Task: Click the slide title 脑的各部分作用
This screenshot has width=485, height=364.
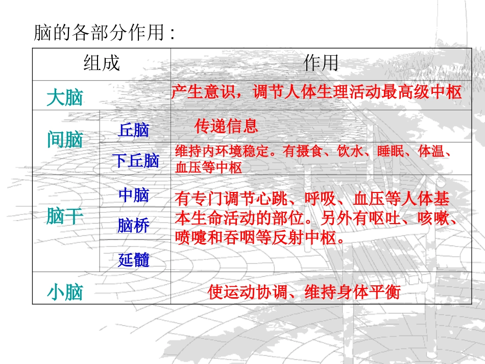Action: pos(104,34)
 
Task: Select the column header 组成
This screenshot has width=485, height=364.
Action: pos(101,63)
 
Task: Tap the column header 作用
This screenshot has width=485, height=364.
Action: pos(321,63)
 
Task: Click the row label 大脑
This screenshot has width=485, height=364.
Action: pos(64,97)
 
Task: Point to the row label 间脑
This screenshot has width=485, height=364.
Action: pos(64,139)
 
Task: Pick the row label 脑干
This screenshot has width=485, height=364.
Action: pos(64,216)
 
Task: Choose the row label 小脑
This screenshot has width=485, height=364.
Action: pos(64,293)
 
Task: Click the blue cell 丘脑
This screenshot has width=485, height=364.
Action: pos(134,130)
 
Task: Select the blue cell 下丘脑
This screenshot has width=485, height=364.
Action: pos(135,161)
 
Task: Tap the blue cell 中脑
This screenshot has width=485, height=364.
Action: pos(134,195)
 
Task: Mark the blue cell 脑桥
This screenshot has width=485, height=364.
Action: pos(134,225)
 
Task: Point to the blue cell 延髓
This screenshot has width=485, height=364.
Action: pos(134,260)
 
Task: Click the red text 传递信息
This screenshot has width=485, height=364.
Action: pos(226,126)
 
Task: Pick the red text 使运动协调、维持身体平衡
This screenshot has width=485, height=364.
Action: pos(304,293)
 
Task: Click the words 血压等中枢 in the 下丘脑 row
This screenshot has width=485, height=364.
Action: pos(208,167)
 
